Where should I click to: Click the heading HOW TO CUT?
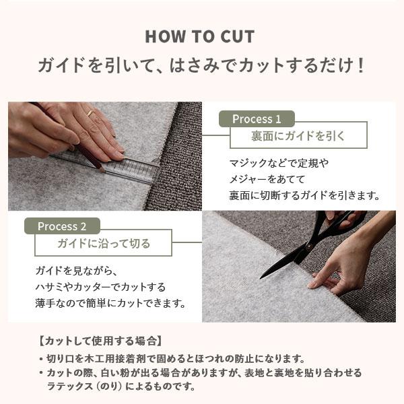200,36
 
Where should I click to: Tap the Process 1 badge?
257,119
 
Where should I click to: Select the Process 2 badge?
62,226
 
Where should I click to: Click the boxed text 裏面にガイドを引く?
298,136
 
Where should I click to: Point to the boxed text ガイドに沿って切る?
104,243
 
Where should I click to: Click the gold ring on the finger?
90,113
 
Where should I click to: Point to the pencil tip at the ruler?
103,170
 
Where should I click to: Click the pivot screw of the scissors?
308,246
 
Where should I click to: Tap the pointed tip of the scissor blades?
261,278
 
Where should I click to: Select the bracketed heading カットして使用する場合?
100,341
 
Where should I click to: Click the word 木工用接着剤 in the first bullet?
115,358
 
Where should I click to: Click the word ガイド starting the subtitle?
61,65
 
